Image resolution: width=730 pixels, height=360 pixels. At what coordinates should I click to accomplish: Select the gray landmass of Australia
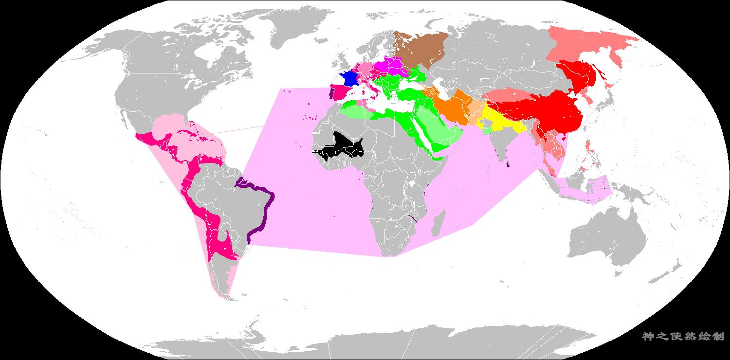point(608,238)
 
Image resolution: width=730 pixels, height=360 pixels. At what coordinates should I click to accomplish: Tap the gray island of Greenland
point(287,24)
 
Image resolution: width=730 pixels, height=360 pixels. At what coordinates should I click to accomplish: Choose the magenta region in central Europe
point(389,66)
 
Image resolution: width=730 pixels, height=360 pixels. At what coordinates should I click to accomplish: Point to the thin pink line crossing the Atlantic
point(238,129)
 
